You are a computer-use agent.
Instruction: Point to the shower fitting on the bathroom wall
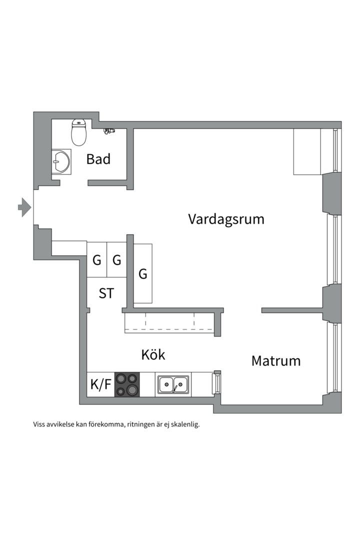pos(108,131)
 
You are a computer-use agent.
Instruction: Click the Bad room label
pos(98,159)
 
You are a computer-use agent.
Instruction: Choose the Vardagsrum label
pos(226,219)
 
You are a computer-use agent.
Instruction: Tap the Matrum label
pos(276,360)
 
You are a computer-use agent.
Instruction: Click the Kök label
pos(153,355)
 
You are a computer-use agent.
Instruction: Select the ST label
pos(106,293)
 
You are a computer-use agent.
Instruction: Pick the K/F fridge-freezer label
pos(100,384)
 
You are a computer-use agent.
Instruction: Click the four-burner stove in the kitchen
pos(127,384)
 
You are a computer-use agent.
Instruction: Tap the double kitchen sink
pos(173,384)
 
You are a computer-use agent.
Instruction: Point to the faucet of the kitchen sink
pos(174,388)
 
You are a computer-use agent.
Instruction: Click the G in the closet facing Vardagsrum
pos(143,274)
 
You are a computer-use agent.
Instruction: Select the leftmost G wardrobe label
pos(96,260)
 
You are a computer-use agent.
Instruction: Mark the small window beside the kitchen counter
pos(216,383)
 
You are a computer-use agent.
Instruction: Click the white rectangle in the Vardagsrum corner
pos(306,151)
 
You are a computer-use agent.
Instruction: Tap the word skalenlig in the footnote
pos(185,424)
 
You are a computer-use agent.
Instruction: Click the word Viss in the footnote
pos(39,424)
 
